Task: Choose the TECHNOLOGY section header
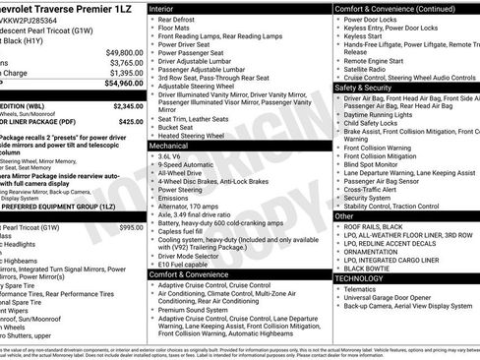point(360,278)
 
